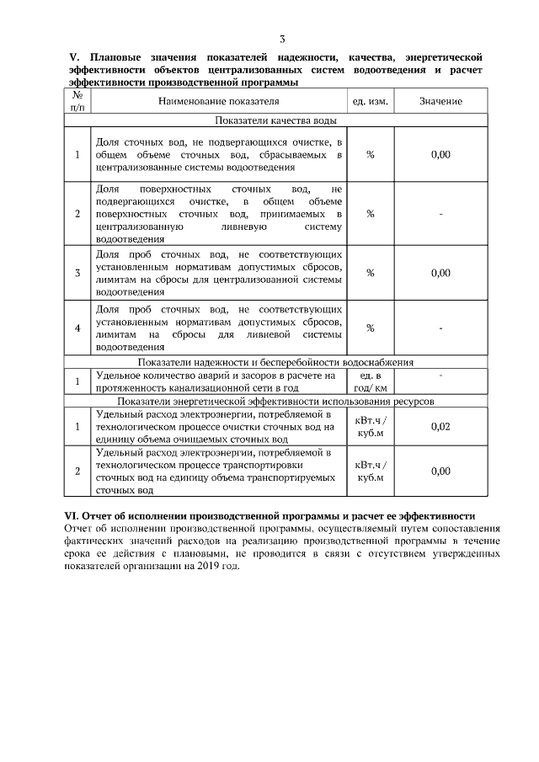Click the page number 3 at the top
pyautogui.click(x=282, y=39)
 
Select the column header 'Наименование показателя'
pyautogui.click(x=218, y=102)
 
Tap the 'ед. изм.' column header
pyautogui.click(x=370, y=102)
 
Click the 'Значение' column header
pyautogui.click(x=440, y=102)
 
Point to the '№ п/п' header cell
pyautogui.click(x=77, y=102)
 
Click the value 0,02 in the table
pyautogui.click(x=440, y=427)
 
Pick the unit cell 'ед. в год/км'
pyautogui.click(x=370, y=381)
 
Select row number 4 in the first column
pyautogui.click(x=77, y=328)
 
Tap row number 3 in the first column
pyautogui.click(x=77, y=273)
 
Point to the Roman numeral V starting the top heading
pyautogui.click(x=72, y=56)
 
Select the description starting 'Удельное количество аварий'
pyautogui.click(x=218, y=381)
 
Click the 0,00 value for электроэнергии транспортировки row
pyautogui.click(x=440, y=472)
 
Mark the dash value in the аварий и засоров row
pyautogui.click(x=440, y=375)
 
